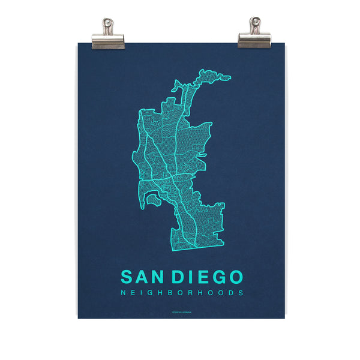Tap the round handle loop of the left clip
tap(109, 25)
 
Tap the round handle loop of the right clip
tap(254, 25)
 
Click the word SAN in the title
tap(144, 277)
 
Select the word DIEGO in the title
tap(208, 277)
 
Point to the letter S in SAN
tap(127, 277)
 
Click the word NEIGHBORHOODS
tap(182, 293)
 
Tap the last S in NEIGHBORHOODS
tap(241, 293)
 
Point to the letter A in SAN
tap(144, 277)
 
